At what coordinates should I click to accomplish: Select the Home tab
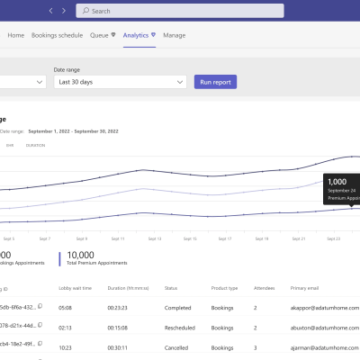pyautogui.click(x=16, y=35)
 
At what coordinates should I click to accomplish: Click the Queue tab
pyautogui.click(x=102, y=35)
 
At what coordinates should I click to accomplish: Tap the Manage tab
pyautogui.click(x=175, y=35)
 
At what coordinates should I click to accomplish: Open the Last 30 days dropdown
pyautogui.click(x=118, y=82)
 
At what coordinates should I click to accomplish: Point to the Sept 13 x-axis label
pyautogui.click(x=154, y=239)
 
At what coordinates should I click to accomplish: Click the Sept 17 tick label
pyautogui.click(x=226, y=239)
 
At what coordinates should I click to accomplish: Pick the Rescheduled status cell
pyautogui.click(x=181, y=326)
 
